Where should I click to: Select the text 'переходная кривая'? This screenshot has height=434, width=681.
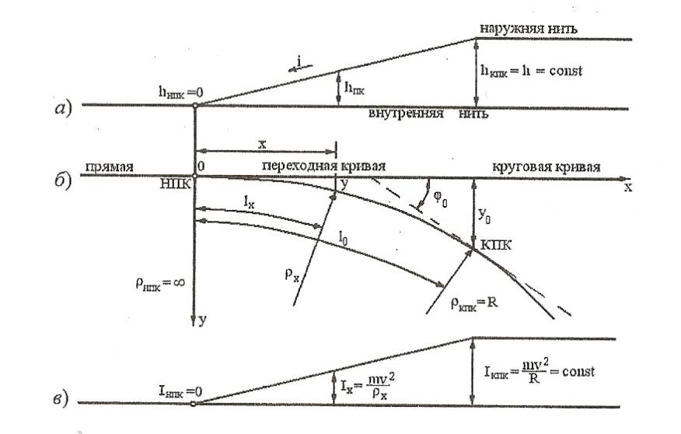pyautogui.click(x=324, y=167)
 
